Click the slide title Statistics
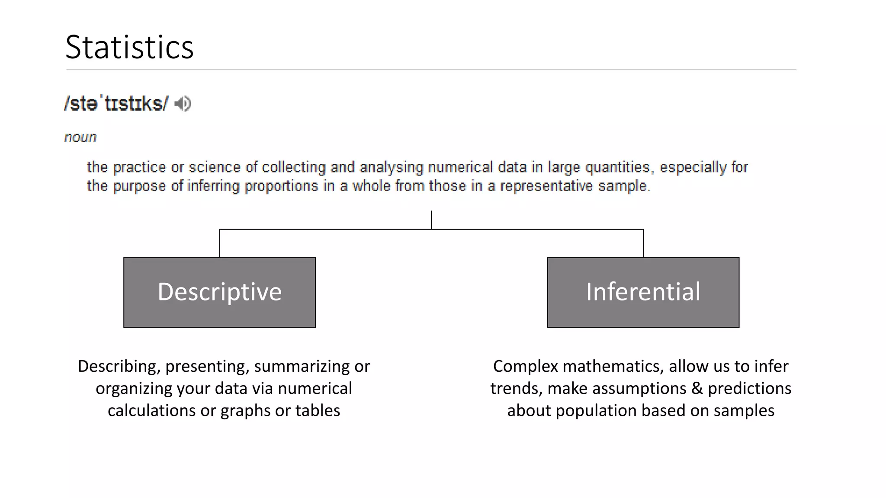click(129, 47)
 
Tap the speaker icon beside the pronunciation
click(183, 104)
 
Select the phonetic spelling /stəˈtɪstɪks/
click(116, 104)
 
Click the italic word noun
click(80, 137)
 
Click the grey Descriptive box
click(219, 292)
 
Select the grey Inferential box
click(643, 292)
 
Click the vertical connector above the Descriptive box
click(220, 243)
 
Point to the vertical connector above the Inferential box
click(643, 243)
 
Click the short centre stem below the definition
click(431, 220)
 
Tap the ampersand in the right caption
click(697, 389)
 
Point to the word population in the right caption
click(595, 411)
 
